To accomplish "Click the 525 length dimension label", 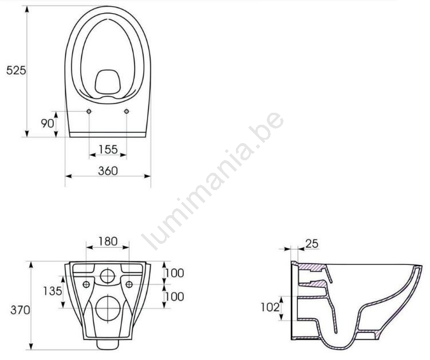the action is pos(16,70).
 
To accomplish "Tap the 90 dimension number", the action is pos(48,124).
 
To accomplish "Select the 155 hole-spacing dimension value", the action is pos(108,149).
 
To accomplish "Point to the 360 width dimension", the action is pos(108,171).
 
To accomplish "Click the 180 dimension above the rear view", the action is pos(108,242).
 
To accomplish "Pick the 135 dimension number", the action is pos(52,291).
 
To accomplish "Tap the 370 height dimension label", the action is pos(20,310).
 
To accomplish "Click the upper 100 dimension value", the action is pos(175,273).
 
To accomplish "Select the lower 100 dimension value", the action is pos(175,296).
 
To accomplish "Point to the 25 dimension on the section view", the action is pos(312,243).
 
